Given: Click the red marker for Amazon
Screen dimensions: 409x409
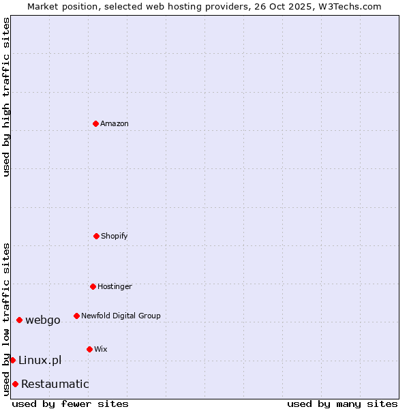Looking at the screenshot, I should pyautogui.click(x=95, y=123).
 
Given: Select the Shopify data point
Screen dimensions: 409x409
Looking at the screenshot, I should pyautogui.click(x=96, y=236).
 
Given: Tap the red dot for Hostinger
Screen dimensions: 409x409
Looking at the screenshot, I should pyautogui.click(x=93, y=286).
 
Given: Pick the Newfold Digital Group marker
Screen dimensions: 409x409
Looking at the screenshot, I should pyautogui.click(x=76, y=316).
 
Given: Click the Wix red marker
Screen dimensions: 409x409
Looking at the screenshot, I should pyautogui.click(x=89, y=349).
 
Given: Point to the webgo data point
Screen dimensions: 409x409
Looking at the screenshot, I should pyautogui.click(x=19, y=320).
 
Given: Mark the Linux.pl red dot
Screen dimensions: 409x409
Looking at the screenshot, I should pyautogui.click(x=12, y=360).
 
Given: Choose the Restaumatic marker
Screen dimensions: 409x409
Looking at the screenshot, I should pyautogui.click(x=15, y=384).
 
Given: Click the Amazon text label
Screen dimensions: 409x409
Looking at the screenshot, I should pyautogui.click(x=115, y=123).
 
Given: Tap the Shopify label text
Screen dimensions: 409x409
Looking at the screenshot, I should pyautogui.click(x=115, y=236).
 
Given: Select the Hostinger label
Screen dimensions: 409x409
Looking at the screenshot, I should pyautogui.click(x=115, y=286).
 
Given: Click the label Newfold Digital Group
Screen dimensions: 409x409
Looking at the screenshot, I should pyautogui.click(x=121, y=316).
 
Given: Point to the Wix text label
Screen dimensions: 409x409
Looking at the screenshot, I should pyautogui.click(x=101, y=349).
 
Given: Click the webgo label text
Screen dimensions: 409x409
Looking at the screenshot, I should pyautogui.click(x=43, y=320).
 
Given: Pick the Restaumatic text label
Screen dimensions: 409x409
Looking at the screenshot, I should pyautogui.click(x=55, y=384).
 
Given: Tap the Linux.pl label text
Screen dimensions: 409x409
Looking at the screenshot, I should pyautogui.click(x=40, y=360).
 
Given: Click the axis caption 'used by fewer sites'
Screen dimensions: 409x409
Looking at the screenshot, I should pyautogui.click(x=70, y=404).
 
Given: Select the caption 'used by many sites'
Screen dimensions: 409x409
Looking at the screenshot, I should pyautogui.click(x=342, y=404).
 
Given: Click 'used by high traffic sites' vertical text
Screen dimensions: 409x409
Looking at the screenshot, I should pyautogui.click(x=6, y=97).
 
